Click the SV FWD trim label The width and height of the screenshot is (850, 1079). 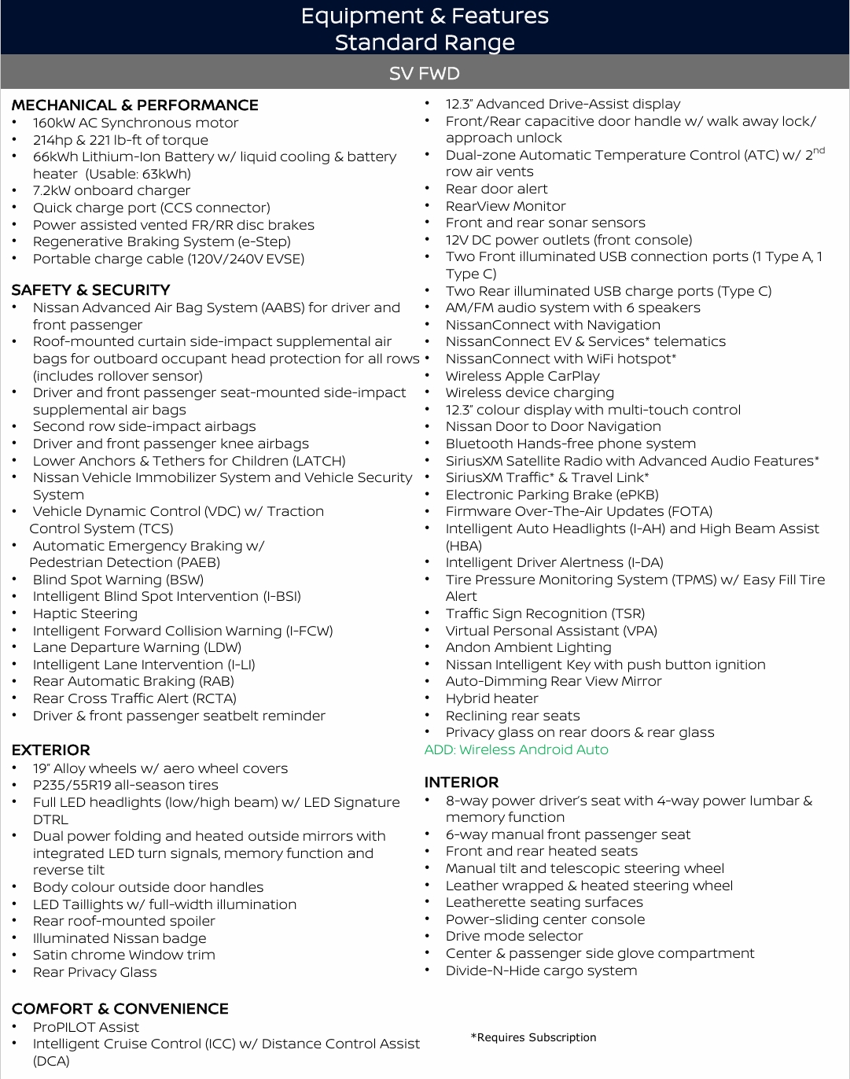point(425,73)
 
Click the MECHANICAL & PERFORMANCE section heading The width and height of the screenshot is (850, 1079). point(134,105)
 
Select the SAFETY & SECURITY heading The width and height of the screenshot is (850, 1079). point(90,290)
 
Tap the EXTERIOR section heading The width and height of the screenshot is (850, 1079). point(50,750)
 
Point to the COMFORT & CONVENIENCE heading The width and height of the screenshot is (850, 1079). point(120,1008)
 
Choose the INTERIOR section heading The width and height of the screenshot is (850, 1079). point(462,783)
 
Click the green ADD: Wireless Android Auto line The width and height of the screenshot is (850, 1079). point(516,749)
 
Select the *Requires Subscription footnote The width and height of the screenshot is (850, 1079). point(533,1037)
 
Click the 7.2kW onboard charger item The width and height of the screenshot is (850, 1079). point(111,190)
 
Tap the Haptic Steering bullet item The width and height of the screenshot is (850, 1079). point(85,613)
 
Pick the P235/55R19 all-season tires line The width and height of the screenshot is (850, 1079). point(125,785)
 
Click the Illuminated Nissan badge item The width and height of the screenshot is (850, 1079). point(119,938)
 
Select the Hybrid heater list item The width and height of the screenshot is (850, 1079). point(491,698)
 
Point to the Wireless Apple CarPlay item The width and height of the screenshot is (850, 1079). point(522,376)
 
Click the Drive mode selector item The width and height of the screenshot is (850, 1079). point(513,936)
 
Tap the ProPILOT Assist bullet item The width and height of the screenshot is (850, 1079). point(86,1027)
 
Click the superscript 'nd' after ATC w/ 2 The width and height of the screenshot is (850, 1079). point(819,150)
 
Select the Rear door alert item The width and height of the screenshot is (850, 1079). point(496,189)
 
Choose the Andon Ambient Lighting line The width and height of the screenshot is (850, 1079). point(528,647)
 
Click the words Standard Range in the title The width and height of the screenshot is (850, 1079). point(425,42)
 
